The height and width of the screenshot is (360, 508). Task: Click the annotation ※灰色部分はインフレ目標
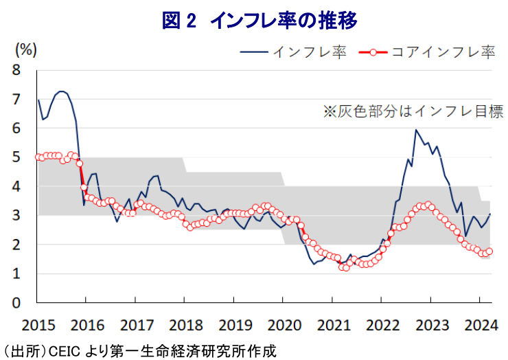(413, 111)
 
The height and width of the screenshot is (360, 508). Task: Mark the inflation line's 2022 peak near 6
(416, 130)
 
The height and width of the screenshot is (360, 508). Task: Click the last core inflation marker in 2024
(489, 251)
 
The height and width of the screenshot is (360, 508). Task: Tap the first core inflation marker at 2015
(38, 157)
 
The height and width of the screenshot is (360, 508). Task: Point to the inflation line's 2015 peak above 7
(62, 91)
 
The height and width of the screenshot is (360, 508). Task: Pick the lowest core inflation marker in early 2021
(346, 268)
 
